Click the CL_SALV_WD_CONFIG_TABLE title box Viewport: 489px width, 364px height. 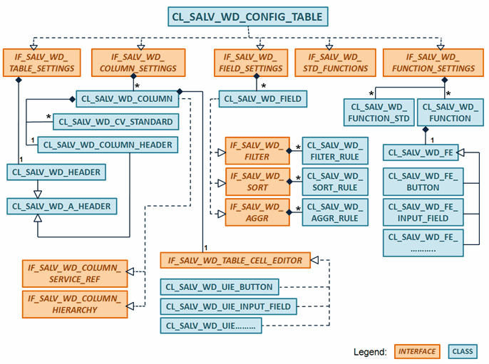click(247, 16)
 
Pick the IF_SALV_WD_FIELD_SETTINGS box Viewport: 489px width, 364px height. click(252, 62)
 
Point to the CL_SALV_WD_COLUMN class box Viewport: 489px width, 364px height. click(125, 100)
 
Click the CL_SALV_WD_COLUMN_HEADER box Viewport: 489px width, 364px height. click(107, 144)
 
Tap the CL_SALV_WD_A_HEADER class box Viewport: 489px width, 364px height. click(61, 206)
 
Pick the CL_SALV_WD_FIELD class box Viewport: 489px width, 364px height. click(262, 99)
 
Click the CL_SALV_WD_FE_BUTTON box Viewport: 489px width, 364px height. click(422, 182)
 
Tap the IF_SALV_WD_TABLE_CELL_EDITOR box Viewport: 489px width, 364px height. click(235, 261)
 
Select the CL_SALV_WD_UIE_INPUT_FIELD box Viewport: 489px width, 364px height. click(228, 306)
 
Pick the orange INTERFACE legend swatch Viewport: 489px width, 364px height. click(417, 351)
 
